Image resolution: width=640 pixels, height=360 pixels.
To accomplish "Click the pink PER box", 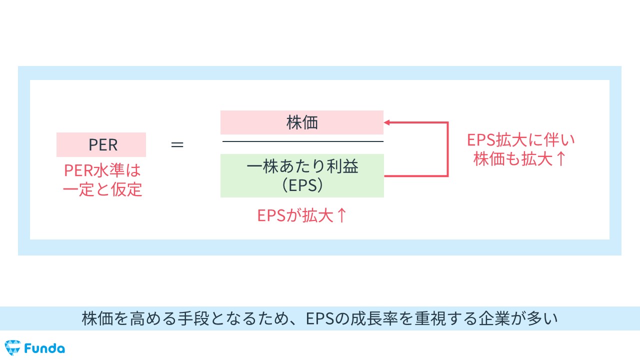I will pos(101,144).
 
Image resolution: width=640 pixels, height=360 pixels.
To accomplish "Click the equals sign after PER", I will pos(177,144).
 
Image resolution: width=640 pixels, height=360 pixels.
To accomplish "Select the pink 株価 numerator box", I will pos(302,122).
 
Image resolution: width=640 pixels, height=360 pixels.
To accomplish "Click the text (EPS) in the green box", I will pos(302,185).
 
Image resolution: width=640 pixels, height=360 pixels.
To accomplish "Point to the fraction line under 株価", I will pos(302,141).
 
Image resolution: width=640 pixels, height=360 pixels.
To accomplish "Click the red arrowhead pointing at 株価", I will pos(387,122).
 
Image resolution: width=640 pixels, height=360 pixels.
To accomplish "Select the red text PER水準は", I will pos(102,170).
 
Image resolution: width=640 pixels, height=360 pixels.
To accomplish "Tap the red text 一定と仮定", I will pos(102,189).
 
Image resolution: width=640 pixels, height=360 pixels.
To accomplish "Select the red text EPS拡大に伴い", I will pos(520,139).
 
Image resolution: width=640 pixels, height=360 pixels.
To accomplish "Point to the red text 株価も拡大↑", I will pos(520,159).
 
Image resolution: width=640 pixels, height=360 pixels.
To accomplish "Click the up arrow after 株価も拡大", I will pos(560,159).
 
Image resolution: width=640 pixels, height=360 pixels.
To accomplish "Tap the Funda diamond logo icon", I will pos(12,347).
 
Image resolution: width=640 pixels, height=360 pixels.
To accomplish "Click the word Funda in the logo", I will pos(44,347).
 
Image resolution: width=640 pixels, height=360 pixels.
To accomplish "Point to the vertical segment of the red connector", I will pos(447,149).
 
